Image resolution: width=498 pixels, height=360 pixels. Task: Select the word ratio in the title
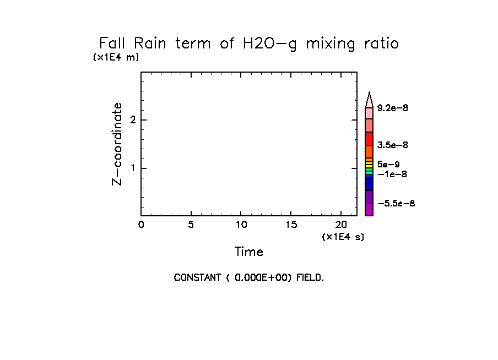(378, 43)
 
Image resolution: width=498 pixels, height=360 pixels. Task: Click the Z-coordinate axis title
(117, 144)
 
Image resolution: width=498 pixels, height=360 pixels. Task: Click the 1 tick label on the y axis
(133, 168)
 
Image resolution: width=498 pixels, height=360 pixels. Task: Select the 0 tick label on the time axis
(141, 224)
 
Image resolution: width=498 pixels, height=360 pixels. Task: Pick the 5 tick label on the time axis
(191, 224)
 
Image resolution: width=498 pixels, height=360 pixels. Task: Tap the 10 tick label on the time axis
(241, 224)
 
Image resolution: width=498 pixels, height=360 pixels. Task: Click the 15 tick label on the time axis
(291, 224)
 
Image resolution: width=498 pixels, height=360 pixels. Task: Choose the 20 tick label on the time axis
(341, 224)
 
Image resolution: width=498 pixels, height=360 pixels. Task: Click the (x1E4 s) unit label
(343, 237)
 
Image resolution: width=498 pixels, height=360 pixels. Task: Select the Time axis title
(249, 252)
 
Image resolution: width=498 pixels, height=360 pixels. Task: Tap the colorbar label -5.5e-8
(397, 204)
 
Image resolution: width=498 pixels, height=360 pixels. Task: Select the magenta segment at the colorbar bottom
(369, 210)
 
